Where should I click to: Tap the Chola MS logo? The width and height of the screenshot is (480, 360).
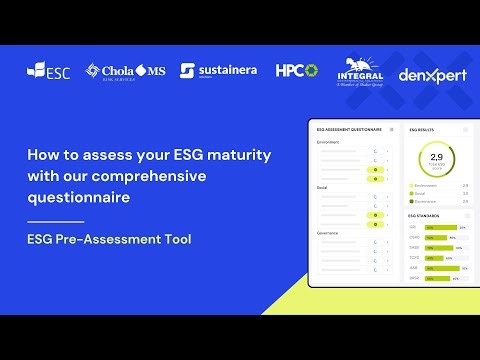[125, 70]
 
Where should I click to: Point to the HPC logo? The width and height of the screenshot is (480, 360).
[296, 70]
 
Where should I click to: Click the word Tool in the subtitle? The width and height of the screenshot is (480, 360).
[174, 240]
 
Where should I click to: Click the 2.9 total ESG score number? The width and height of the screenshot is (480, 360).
[436, 158]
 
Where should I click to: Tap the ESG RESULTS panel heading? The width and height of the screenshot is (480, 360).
[424, 129]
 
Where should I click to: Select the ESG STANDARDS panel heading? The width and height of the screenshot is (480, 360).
[427, 215]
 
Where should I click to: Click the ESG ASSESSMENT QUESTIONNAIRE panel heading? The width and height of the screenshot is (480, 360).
[350, 129]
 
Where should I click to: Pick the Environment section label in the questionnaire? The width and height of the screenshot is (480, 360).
[328, 142]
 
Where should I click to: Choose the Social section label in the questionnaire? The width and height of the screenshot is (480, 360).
[322, 186]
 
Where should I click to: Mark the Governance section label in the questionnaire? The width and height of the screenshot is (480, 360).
[327, 231]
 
